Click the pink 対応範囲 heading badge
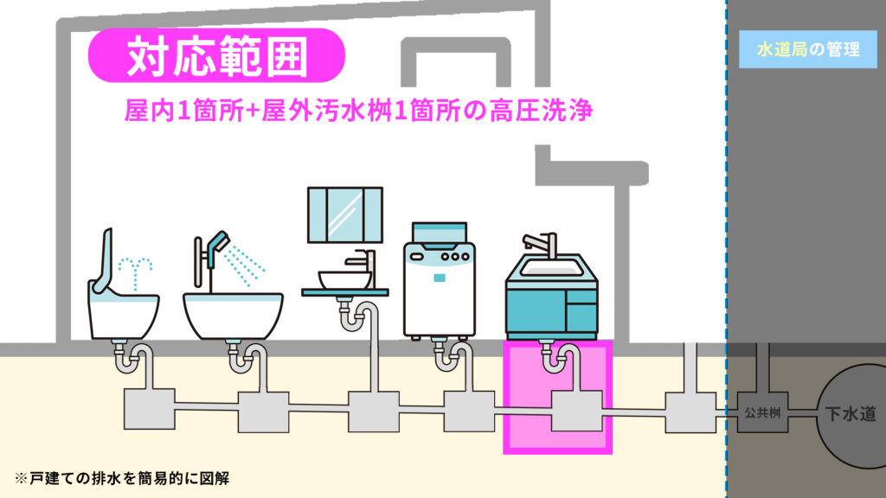tap(216, 56)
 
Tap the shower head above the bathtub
tap(217, 245)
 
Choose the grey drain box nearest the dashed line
tap(690, 412)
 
